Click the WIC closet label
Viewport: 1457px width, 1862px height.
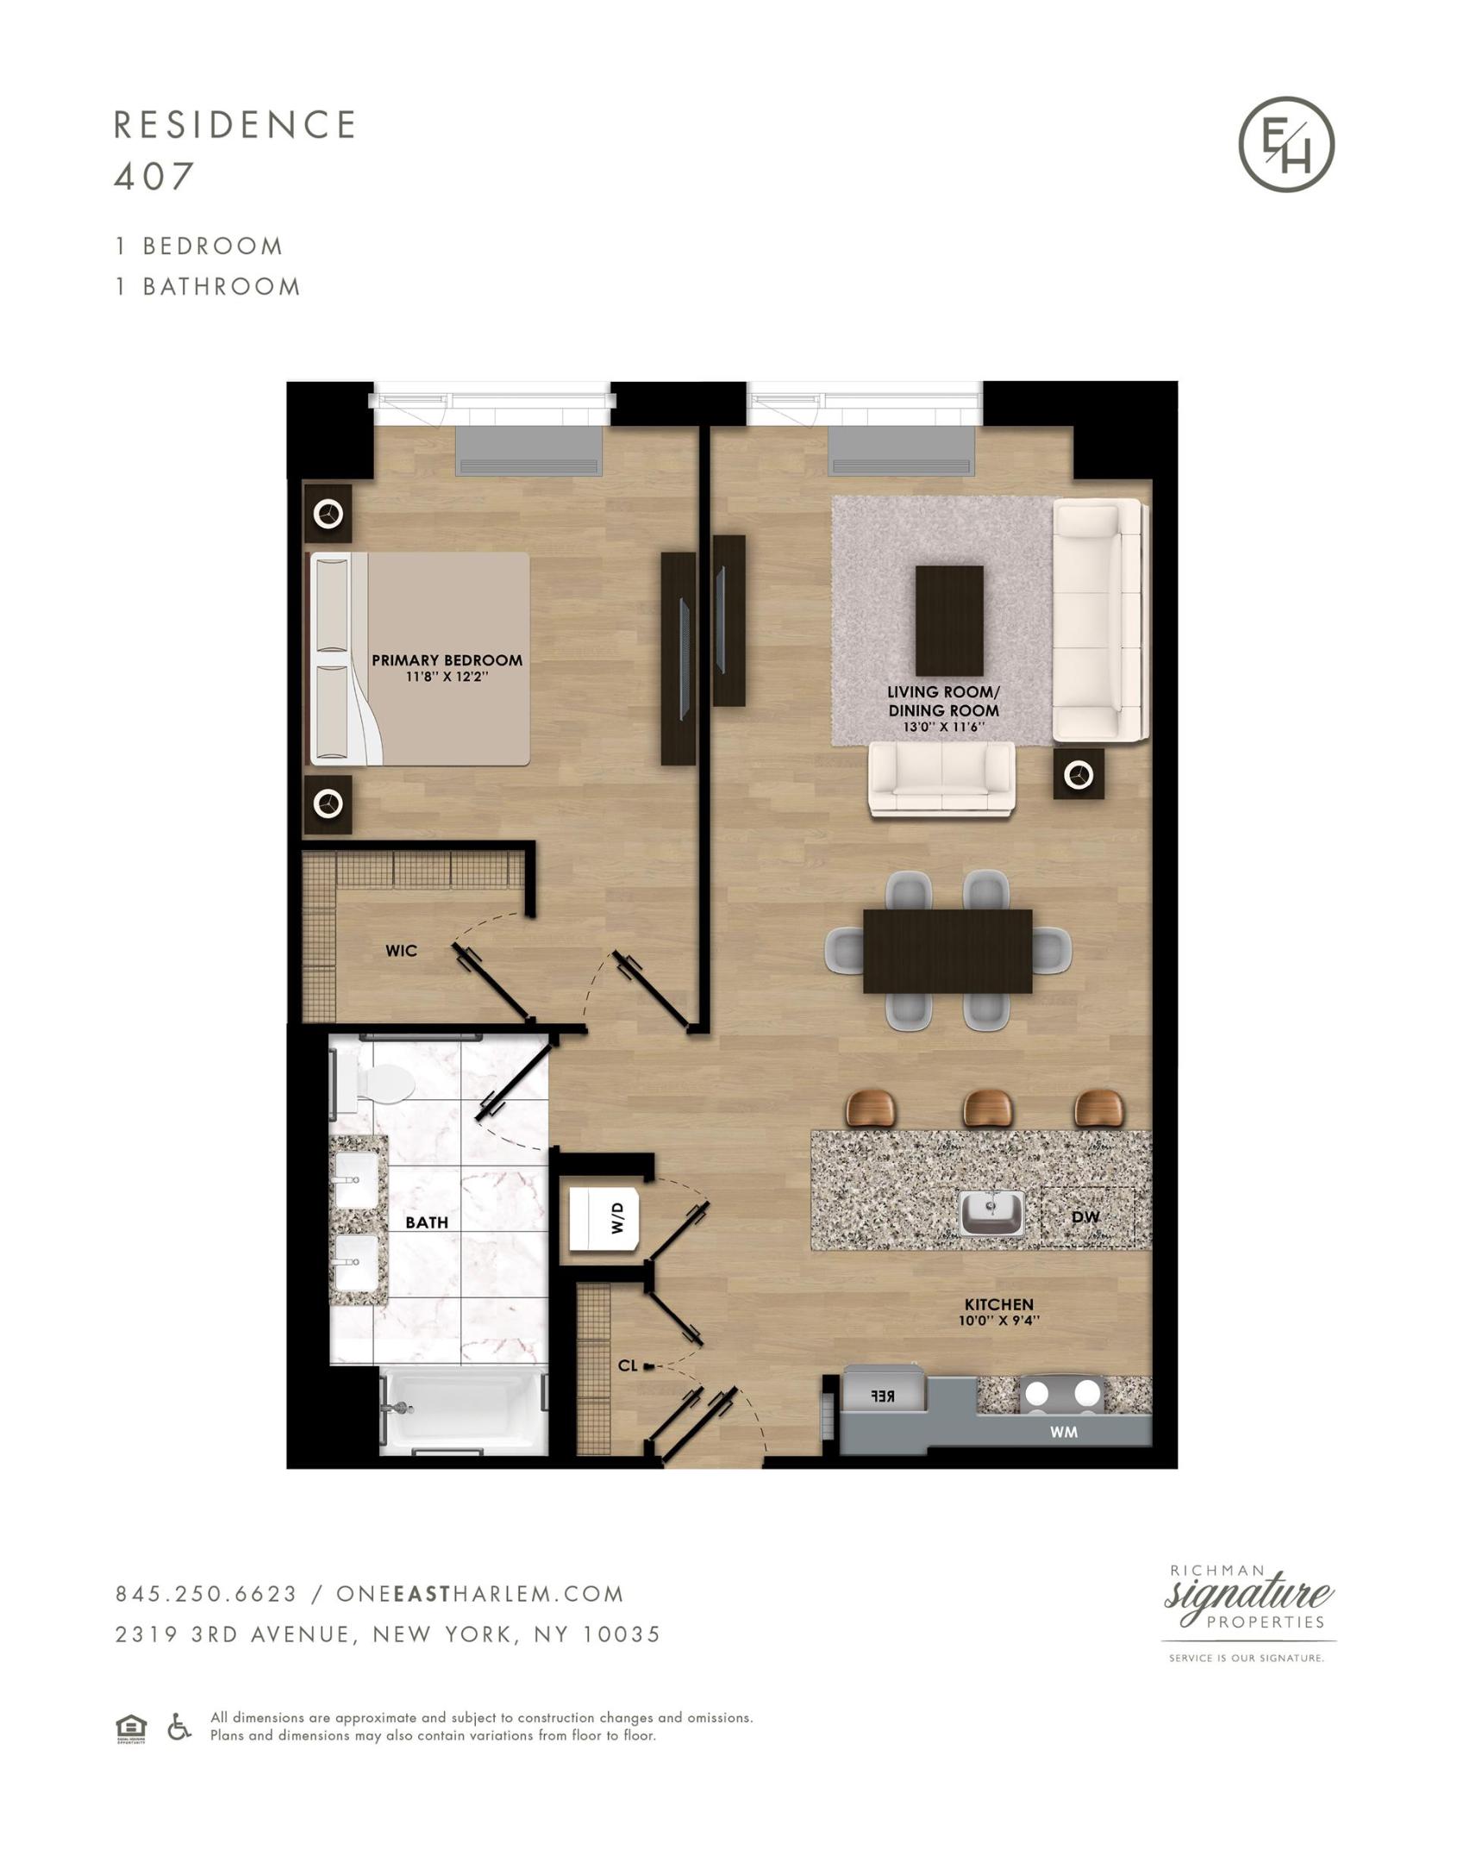coord(401,951)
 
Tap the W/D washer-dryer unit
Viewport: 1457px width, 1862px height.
coord(604,1218)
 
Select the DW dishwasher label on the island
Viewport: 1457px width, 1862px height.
coord(1085,1217)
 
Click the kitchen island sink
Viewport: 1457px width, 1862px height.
coord(991,1213)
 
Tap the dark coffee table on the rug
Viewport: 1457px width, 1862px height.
coord(949,621)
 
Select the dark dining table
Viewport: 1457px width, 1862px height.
coord(947,951)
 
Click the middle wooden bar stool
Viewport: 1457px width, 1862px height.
coord(987,1107)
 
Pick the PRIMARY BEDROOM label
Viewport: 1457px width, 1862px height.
coord(447,660)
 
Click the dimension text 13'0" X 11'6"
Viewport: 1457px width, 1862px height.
coord(944,727)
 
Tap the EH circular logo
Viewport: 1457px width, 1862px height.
coord(1286,144)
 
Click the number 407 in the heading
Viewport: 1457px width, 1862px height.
coord(153,176)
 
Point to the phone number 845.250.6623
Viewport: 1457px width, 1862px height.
coord(207,1594)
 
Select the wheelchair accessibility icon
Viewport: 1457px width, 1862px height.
coord(178,1726)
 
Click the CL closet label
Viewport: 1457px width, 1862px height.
coord(628,1365)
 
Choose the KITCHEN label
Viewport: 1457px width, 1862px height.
coord(998,1304)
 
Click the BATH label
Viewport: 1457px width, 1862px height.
coord(427,1222)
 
